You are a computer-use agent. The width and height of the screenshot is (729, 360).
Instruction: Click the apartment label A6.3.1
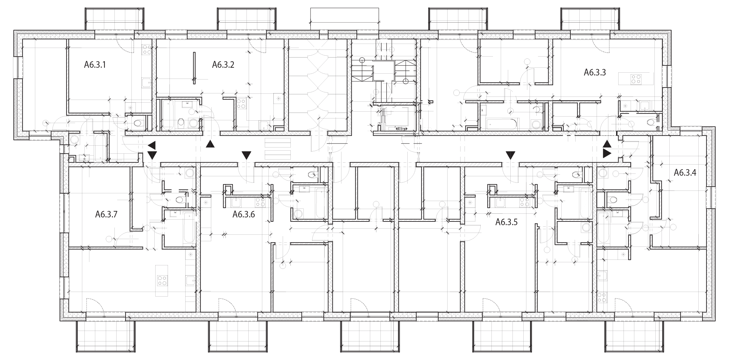click(x=95, y=65)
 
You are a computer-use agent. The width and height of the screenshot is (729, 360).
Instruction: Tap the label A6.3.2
click(x=223, y=65)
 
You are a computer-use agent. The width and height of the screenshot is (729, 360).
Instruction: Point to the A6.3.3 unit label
click(x=594, y=73)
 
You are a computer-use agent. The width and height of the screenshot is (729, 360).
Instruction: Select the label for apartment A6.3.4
click(x=685, y=173)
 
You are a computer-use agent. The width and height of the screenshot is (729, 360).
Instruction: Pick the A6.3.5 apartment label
click(x=506, y=222)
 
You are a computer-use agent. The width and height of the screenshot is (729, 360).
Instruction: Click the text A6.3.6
click(x=244, y=214)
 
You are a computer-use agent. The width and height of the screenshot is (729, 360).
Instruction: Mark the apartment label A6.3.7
click(x=106, y=214)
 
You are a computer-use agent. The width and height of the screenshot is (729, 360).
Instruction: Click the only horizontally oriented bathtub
click(x=501, y=124)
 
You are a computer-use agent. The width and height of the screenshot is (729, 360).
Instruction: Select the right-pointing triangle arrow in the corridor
click(x=607, y=154)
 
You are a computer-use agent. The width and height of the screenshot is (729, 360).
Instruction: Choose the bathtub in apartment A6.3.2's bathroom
click(x=168, y=114)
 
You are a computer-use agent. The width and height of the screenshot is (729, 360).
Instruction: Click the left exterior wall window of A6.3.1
click(x=18, y=67)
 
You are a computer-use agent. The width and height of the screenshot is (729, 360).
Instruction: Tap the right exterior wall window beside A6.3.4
click(x=711, y=198)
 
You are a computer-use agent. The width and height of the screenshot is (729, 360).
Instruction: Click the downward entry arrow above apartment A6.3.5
click(x=510, y=155)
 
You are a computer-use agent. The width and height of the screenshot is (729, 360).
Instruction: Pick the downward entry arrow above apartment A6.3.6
click(x=246, y=155)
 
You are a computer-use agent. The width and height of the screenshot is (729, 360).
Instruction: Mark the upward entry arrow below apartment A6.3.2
click(x=210, y=144)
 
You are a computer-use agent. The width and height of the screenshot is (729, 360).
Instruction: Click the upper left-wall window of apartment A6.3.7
click(x=64, y=212)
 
